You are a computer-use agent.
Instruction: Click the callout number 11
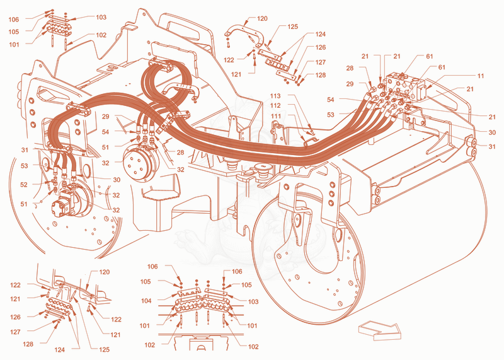[481, 76]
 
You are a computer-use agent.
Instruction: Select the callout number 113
[275, 96]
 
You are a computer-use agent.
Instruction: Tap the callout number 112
[275, 105]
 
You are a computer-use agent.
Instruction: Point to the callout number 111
[275, 116]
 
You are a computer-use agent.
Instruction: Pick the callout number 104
[146, 301]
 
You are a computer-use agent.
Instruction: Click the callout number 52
[24, 185]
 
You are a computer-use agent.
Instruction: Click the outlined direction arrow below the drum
[380, 330]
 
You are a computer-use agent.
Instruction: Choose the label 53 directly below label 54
[330, 115]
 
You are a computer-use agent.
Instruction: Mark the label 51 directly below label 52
[24, 204]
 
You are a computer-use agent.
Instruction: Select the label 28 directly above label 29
[350, 68]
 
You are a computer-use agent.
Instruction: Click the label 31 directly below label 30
[492, 147]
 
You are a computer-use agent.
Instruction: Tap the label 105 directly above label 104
[146, 282]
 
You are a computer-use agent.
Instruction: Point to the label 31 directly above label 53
[25, 150]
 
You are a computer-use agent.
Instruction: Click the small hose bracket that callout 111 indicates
[311, 141]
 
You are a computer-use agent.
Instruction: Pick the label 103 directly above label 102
[101, 18]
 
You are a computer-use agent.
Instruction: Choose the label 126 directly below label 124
[320, 48]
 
